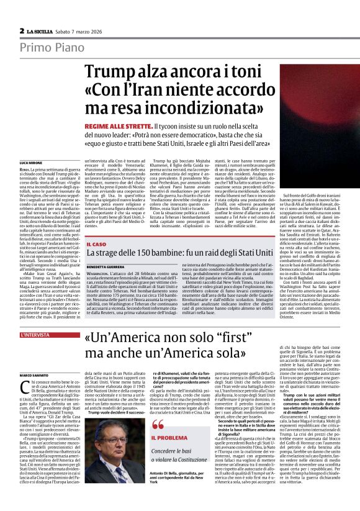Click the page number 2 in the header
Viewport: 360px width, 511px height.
(22, 30)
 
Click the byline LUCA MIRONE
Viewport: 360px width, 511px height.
(31, 162)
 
